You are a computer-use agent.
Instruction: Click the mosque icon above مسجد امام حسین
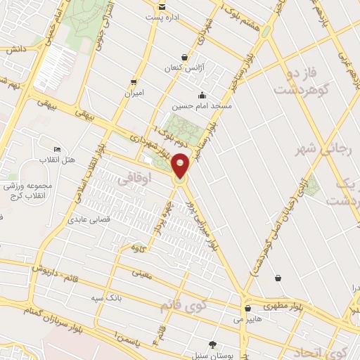click(203, 95)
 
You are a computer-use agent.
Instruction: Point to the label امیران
click(134, 93)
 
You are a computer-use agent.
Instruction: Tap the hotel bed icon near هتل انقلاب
click(57, 150)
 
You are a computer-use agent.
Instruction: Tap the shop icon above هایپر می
click(247, 308)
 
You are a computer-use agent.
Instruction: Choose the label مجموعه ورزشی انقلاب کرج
click(25, 190)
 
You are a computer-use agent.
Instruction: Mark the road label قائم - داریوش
click(53, 268)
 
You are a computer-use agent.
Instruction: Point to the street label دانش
click(15, 50)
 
